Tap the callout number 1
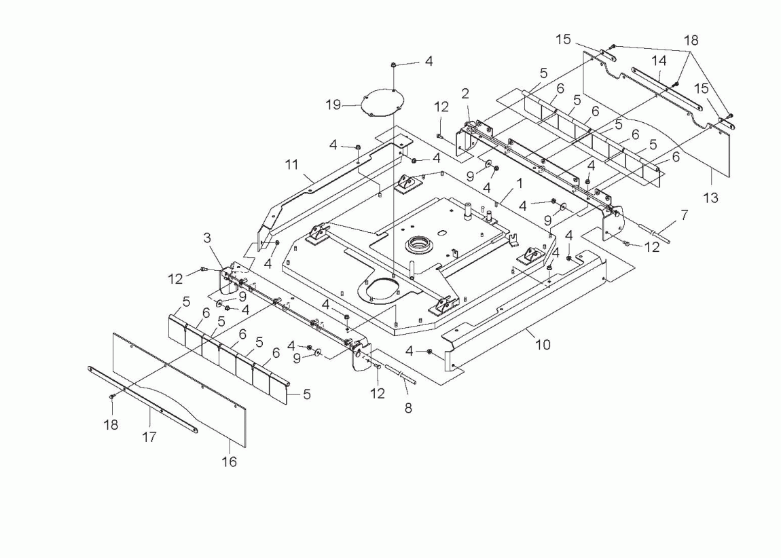point(519,183)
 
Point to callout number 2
point(465,92)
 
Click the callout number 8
point(408,409)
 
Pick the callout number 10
point(543,345)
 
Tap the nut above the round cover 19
point(393,64)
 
